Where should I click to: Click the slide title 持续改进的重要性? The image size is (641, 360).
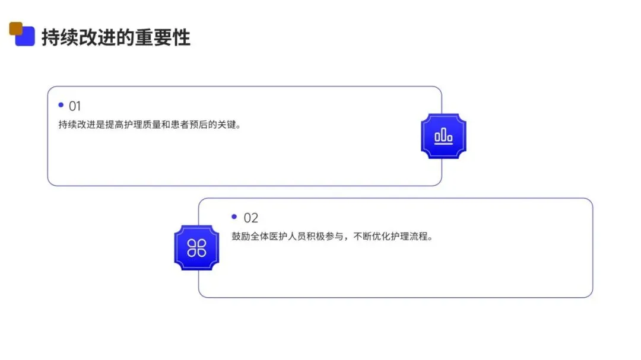116,37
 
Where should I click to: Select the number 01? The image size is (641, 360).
75,107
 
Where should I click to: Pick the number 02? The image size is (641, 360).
251,218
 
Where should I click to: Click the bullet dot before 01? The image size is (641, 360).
61,105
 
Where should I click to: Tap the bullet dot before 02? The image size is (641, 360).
234,216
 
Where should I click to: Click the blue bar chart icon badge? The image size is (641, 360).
443,136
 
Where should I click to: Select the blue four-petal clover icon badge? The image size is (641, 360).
196,248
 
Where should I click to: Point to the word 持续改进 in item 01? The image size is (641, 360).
75,126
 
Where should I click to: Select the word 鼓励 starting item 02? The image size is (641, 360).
240,237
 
